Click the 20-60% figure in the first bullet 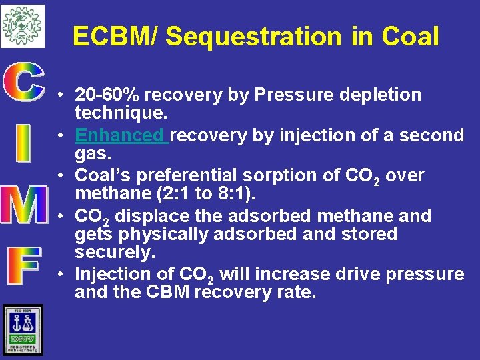(108, 95)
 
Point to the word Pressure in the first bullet (294, 95)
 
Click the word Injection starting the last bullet (111, 274)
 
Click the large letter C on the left (23, 83)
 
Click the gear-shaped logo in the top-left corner (22, 25)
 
